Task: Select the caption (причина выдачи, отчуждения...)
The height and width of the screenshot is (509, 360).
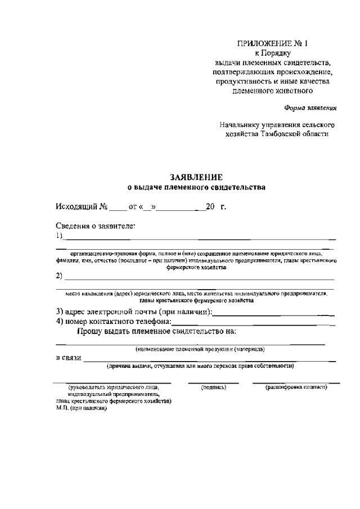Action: (x=201, y=366)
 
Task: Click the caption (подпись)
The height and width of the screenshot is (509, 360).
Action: (x=213, y=388)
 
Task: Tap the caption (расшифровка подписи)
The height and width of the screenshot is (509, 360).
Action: (x=296, y=388)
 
